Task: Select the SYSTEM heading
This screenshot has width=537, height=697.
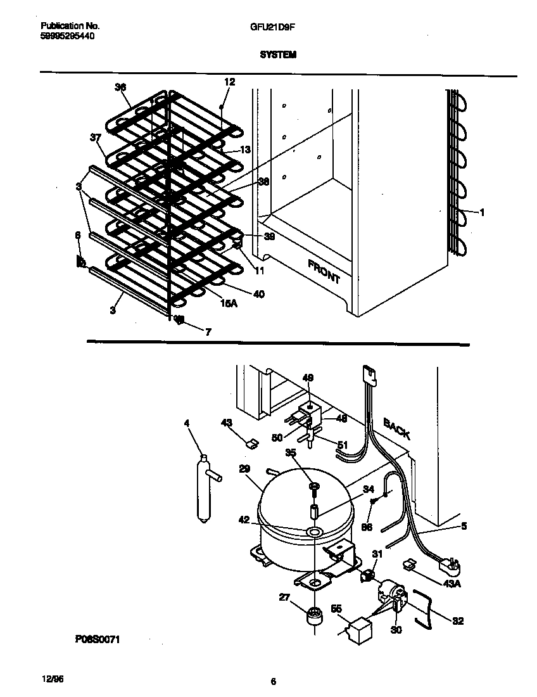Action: coord(278,55)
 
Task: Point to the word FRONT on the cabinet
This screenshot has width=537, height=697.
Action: coord(324,271)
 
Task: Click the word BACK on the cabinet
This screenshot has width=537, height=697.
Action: coord(396,429)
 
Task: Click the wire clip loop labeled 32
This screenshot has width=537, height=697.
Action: coord(422,608)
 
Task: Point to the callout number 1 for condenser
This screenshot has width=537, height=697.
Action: coord(482,213)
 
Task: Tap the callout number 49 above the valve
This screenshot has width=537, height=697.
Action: coord(308,378)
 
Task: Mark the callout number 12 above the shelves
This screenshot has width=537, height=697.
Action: coord(229,82)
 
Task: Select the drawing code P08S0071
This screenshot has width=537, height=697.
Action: coord(98,640)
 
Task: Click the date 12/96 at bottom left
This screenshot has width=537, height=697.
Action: coord(51,678)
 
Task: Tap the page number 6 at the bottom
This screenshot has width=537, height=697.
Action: coord(273,682)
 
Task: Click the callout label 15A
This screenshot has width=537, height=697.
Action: coord(228,304)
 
